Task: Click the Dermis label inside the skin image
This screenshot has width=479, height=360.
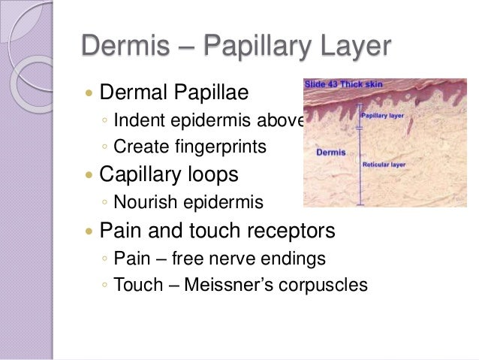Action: point(331,153)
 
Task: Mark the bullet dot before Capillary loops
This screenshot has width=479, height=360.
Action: point(89,176)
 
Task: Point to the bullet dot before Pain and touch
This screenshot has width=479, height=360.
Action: point(89,231)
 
